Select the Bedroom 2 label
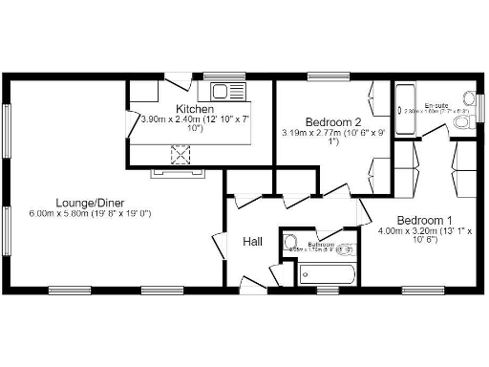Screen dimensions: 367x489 point(333,122)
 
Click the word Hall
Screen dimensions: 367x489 point(252,242)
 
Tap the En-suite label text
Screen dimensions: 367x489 point(436,103)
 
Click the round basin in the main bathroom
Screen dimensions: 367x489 point(292,242)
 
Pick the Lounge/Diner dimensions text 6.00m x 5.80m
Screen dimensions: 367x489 point(91,213)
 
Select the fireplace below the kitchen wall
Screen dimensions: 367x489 point(175,173)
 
